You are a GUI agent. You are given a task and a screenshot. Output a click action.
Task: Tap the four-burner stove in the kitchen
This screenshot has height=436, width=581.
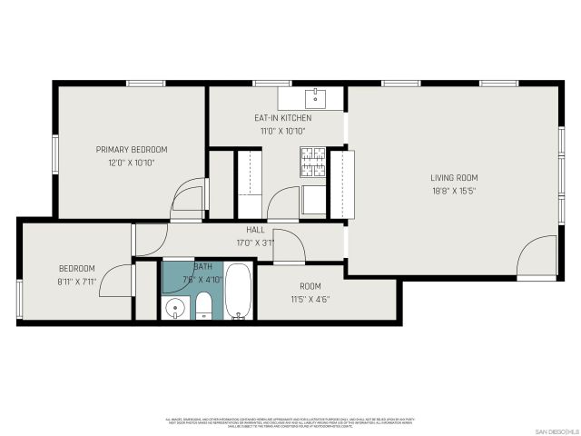click(313, 163)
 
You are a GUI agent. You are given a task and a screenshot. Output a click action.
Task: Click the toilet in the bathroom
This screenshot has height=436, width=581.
click(204, 305)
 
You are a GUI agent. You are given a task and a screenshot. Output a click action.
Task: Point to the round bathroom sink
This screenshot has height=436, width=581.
click(175, 308)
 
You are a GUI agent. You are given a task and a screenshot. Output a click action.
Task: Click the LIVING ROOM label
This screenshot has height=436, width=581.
click(454, 178)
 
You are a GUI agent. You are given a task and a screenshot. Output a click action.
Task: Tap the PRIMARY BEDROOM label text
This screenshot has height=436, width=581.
click(132, 150)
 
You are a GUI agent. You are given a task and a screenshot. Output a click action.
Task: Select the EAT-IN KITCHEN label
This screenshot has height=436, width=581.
click(282, 118)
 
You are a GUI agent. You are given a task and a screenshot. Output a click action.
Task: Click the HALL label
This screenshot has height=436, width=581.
click(255, 230)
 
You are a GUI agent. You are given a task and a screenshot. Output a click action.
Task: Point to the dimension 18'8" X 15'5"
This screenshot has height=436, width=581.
click(454, 191)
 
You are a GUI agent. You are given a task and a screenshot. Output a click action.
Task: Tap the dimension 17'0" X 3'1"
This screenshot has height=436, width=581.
click(255, 243)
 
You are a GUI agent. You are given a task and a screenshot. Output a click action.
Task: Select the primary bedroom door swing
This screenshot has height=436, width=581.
click(188, 199)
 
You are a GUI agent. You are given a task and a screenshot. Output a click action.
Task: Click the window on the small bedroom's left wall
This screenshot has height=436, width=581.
click(18, 297)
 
